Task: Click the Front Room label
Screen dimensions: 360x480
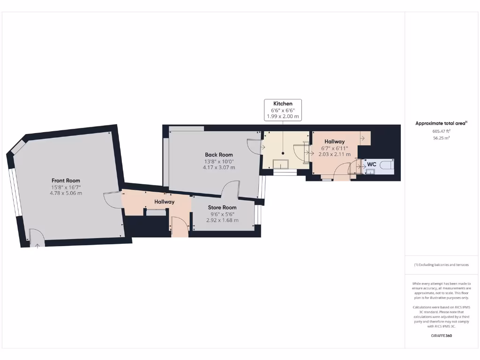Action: pyautogui.click(x=66, y=180)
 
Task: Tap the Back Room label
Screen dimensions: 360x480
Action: pyautogui.click(x=218, y=155)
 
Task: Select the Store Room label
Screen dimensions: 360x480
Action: pyautogui.click(x=222, y=207)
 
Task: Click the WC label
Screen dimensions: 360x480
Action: pyautogui.click(x=372, y=165)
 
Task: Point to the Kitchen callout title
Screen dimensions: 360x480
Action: pyautogui.click(x=283, y=104)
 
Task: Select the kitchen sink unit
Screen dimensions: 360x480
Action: pyautogui.click(x=281, y=163)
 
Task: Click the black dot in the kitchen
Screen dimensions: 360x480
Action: pyautogui.click(x=283, y=153)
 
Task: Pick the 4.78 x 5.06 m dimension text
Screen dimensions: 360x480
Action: pyautogui.click(x=66, y=193)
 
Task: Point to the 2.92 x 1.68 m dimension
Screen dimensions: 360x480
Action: pyautogui.click(x=222, y=220)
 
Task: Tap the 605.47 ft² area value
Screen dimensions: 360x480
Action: pyautogui.click(x=441, y=132)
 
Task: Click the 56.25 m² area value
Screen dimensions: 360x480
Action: pyautogui.click(x=441, y=138)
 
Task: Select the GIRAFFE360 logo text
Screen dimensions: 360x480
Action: pyautogui.click(x=441, y=336)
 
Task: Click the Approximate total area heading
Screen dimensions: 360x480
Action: pyautogui.click(x=441, y=124)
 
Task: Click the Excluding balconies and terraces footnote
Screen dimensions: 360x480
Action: pyautogui.click(x=441, y=265)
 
